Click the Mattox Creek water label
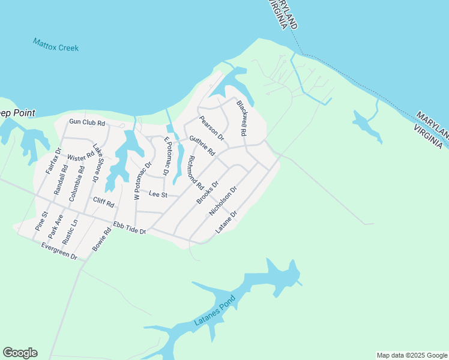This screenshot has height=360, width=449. point(56,44)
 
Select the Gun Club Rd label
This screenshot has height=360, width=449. point(87,122)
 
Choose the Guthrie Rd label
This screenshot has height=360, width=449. point(202,146)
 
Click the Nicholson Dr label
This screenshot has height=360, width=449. point(223,201)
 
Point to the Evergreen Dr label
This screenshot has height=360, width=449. point(59,251)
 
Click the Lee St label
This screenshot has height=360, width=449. point(157,194)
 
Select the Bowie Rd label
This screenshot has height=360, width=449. point(102,238)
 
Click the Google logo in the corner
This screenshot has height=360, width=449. point(20,353)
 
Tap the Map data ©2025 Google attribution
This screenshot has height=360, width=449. point(412,355)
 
